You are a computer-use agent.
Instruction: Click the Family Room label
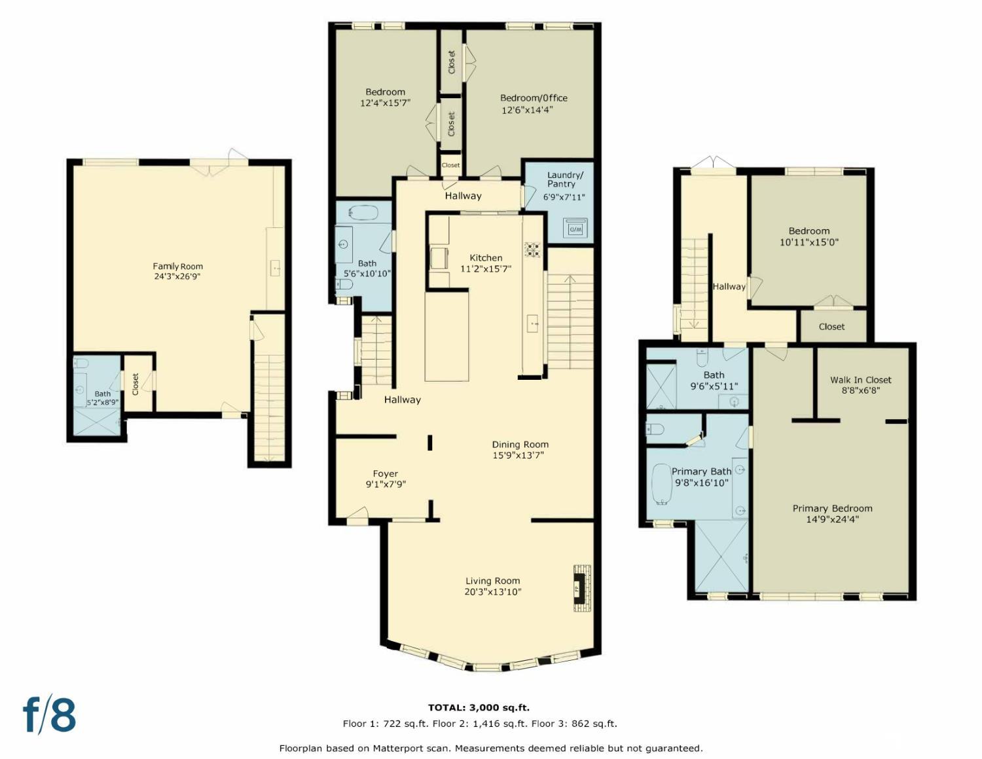click(177, 267)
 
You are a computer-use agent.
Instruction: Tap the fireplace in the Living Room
click(582, 587)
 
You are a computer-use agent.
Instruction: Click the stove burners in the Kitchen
click(532, 250)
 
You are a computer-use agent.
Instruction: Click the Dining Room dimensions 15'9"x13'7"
click(518, 456)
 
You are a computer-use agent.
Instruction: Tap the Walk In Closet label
click(860, 380)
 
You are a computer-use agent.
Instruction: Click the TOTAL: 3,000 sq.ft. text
click(479, 708)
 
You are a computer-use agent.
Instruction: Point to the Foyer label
click(385, 473)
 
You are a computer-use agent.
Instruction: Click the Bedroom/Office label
click(534, 98)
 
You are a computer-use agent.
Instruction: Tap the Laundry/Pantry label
click(565, 179)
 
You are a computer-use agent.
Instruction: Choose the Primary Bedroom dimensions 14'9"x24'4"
click(832, 519)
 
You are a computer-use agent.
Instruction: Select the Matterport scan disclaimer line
click(491, 748)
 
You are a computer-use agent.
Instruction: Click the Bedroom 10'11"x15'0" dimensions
click(809, 242)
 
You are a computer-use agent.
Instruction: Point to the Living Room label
click(492, 581)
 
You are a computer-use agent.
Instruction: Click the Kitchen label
click(486, 257)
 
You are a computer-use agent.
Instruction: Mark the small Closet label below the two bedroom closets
click(450, 166)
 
